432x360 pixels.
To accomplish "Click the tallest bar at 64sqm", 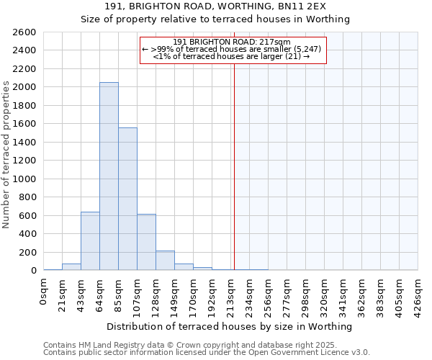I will pyautogui.click(x=109, y=176).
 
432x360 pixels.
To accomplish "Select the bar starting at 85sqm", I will pyautogui.click(x=127, y=199).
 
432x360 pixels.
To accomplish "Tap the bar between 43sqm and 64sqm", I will pyautogui.click(x=90, y=241).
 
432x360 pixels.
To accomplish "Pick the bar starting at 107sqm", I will pyautogui.click(x=146, y=242).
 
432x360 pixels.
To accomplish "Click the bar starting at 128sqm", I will pyautogui.click(x=165, y=261).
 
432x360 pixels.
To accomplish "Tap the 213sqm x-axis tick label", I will pyautogui.click(x=231, y=292).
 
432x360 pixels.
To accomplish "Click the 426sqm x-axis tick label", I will pyautogui.click(x=418, y=292).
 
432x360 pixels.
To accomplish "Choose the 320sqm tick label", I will pyautogui.click(x=325, y=292).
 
